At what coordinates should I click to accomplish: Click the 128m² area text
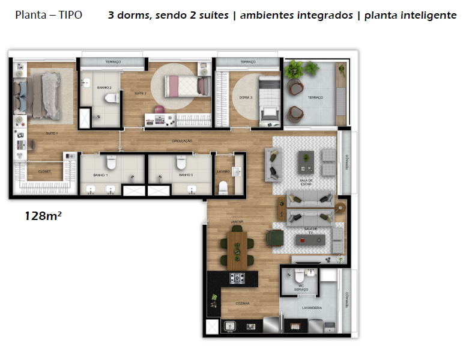[x=43, y=215]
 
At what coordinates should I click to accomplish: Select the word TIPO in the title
[x=71, y=15]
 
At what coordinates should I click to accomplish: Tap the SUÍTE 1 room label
[x=51, y=133]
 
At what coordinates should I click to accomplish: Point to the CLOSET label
[x=44, y=172]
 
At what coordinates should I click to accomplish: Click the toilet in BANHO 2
[x=110, y=99]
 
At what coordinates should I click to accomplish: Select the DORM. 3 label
[x=245, y=97]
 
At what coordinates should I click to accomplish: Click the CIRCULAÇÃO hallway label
[x=181, y=141]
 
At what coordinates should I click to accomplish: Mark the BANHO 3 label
[x=185, y=175]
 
